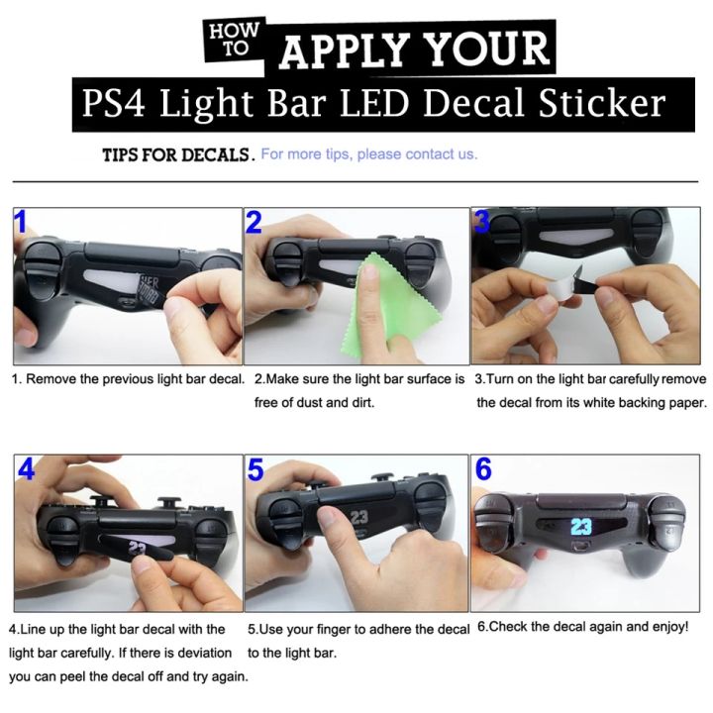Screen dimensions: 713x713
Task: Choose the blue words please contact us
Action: tap(417, 154)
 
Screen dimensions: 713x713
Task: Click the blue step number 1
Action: tap(20, 223)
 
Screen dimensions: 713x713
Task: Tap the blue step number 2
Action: tap(255, 223)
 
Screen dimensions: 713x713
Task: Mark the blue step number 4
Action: tap(26, 469)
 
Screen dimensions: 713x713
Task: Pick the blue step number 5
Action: tap(255, 469)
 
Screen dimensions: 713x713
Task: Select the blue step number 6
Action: tap(483, 469)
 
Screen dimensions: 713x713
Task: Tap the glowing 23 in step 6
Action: tap(581, 526)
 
